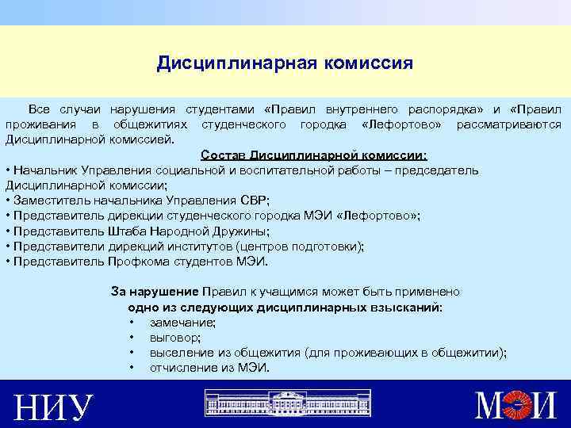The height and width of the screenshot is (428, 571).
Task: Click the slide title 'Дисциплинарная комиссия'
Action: tap(285, 63)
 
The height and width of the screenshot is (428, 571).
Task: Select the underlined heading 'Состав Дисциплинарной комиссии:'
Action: tap(314, 155)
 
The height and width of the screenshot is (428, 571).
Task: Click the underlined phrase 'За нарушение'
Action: tap(155, 292)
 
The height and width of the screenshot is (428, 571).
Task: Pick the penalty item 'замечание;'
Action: tap(182, 323)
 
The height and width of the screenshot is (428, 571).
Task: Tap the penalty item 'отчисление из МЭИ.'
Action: tap(209, 368)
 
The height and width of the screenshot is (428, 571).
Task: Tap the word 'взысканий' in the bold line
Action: tap(409, 307)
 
